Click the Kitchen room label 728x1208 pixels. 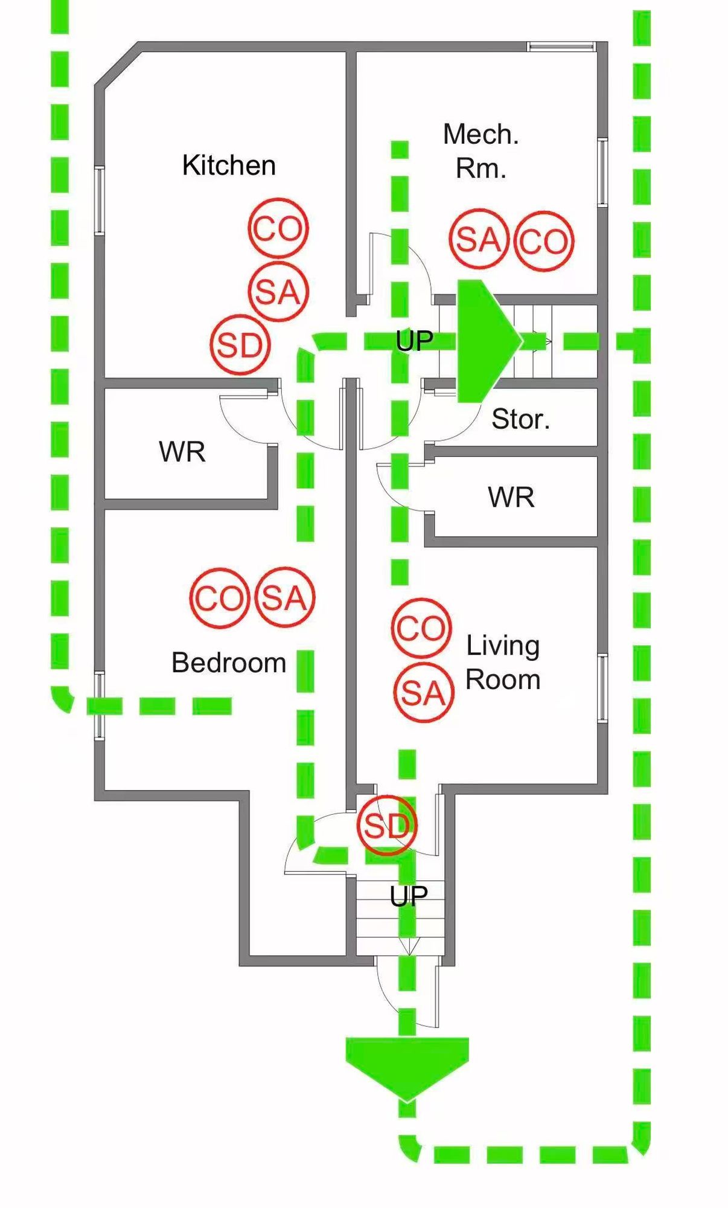[229, 165]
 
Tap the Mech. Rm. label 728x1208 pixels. [481, 151]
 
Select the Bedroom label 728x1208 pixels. [229, 663]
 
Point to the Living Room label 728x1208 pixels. [503, 663]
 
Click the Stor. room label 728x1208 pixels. [520, 419]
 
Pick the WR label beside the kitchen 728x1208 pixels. [182, 452]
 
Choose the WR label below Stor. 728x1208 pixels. [511, 497]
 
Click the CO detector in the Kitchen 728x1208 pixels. [278, 229]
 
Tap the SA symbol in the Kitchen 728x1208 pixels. [278, 292]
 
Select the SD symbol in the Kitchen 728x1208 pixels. [240, 345]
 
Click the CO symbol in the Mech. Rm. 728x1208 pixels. [544, 241]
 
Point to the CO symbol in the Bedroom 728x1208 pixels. [220, 598]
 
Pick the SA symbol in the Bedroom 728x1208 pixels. [285, 597]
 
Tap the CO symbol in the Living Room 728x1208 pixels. [421, 628]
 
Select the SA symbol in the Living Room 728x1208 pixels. [423, 692]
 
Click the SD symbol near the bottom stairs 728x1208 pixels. [387, 825]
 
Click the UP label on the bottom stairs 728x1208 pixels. [409, 896]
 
